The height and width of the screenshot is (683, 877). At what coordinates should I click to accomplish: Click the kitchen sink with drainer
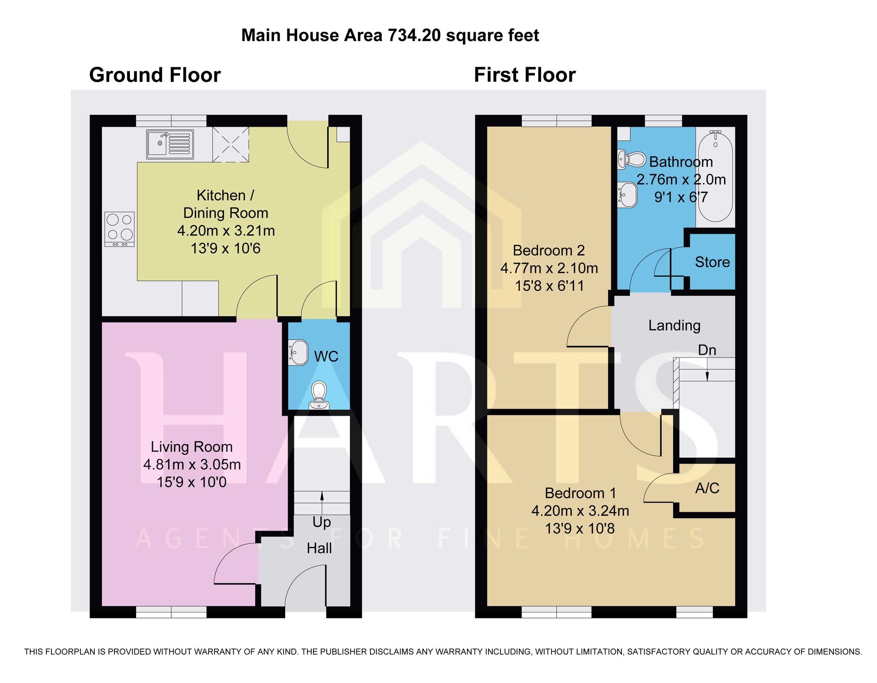(x=170, y=144)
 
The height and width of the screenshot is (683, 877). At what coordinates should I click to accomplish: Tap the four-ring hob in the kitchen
(x=119, y=229)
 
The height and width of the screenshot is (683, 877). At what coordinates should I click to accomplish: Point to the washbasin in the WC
(x=298, y=352)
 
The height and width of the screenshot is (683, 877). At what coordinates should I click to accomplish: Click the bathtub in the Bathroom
(x=716, y=176)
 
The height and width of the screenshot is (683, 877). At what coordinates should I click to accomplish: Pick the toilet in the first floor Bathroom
(x=632, y=160)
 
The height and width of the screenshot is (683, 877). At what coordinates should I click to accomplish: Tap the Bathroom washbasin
(x=628, y=195)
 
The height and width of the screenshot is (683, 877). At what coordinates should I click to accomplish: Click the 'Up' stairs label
(x=322, y=523)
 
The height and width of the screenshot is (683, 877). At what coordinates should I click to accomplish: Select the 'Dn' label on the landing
(x=707, y=350)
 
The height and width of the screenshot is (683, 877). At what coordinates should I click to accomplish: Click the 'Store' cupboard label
(x=712, y=262)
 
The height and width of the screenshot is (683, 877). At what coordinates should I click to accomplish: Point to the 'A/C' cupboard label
(x=707, y=488)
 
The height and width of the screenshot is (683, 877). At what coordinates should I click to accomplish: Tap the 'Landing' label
(x=674, y=326)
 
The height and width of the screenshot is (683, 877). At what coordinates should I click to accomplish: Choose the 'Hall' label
(x=319, y=548)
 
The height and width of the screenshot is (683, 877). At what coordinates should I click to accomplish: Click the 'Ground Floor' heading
(x=155, y=75)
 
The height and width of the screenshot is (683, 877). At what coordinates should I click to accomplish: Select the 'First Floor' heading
(x=525, y=75)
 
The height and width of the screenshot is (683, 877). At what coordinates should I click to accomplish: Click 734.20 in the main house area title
(x=414, y=35)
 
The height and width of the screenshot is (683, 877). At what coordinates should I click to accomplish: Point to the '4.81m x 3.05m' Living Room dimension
(x=192, y=464)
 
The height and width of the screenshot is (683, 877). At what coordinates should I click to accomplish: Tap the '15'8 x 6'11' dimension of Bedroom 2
(x=549, y=285)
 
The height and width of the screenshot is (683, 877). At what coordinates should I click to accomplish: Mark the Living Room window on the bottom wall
(x=171, y=612)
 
